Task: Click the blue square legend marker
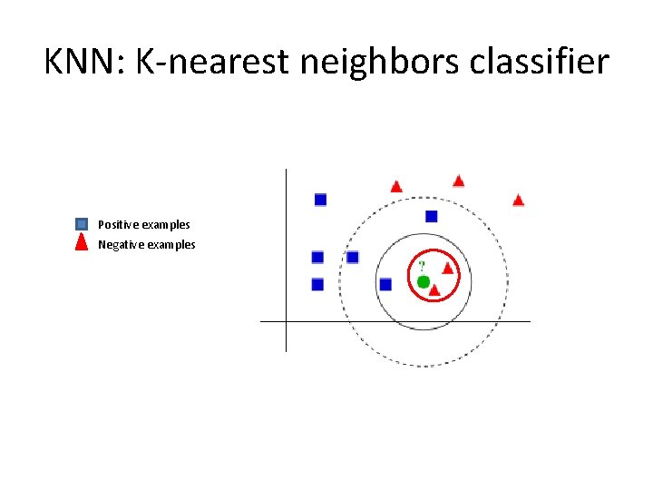[x=82, y=223]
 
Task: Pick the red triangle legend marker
[x=82, y=243]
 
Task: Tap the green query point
[x=423, y=282]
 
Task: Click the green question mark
[x=421, y=266]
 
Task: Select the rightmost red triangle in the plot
[x=518, y=200]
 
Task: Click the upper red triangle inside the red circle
[x=447, y=268]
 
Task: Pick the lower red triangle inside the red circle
[x=434, y=290]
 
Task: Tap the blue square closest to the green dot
[x=385, y=285]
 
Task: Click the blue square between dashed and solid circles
[x=431, y=216]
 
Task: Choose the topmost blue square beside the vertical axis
[x=320, y=199]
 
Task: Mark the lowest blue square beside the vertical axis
[x=317, y=285]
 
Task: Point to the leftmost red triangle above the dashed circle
[x=396, y=186]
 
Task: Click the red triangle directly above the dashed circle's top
[x=458, y=181]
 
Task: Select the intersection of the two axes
[x=286, y=321]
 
